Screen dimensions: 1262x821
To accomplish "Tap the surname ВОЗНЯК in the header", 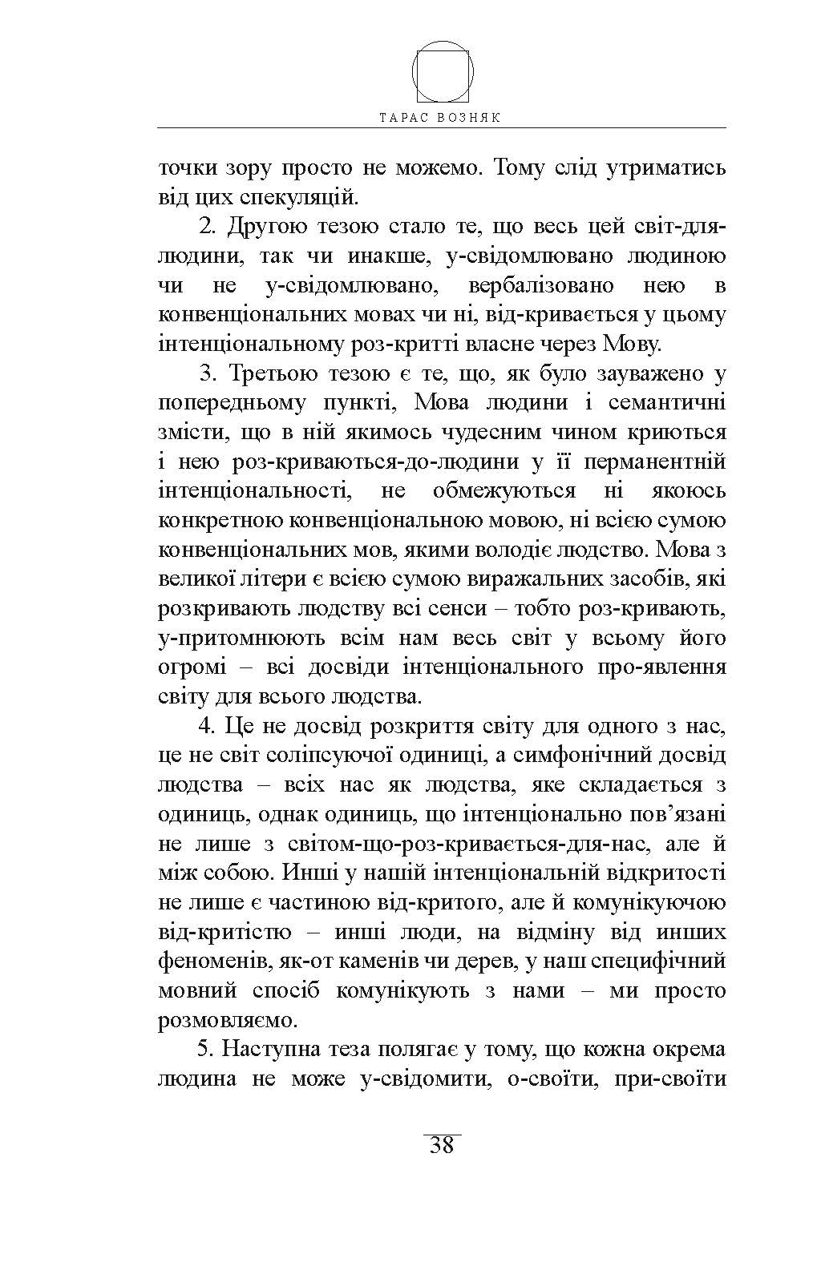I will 470,117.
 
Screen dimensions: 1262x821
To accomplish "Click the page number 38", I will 442,1146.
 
